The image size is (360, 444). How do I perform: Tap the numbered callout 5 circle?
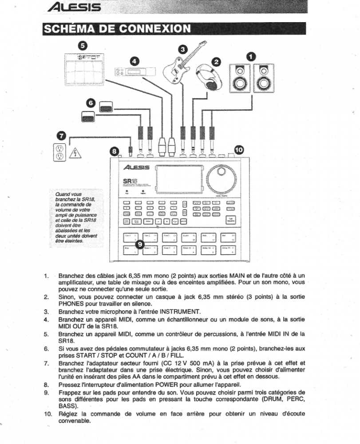click(83, 45)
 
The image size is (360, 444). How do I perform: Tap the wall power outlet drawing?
click(59, 152)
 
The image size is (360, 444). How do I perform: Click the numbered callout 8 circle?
click(115, 151)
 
